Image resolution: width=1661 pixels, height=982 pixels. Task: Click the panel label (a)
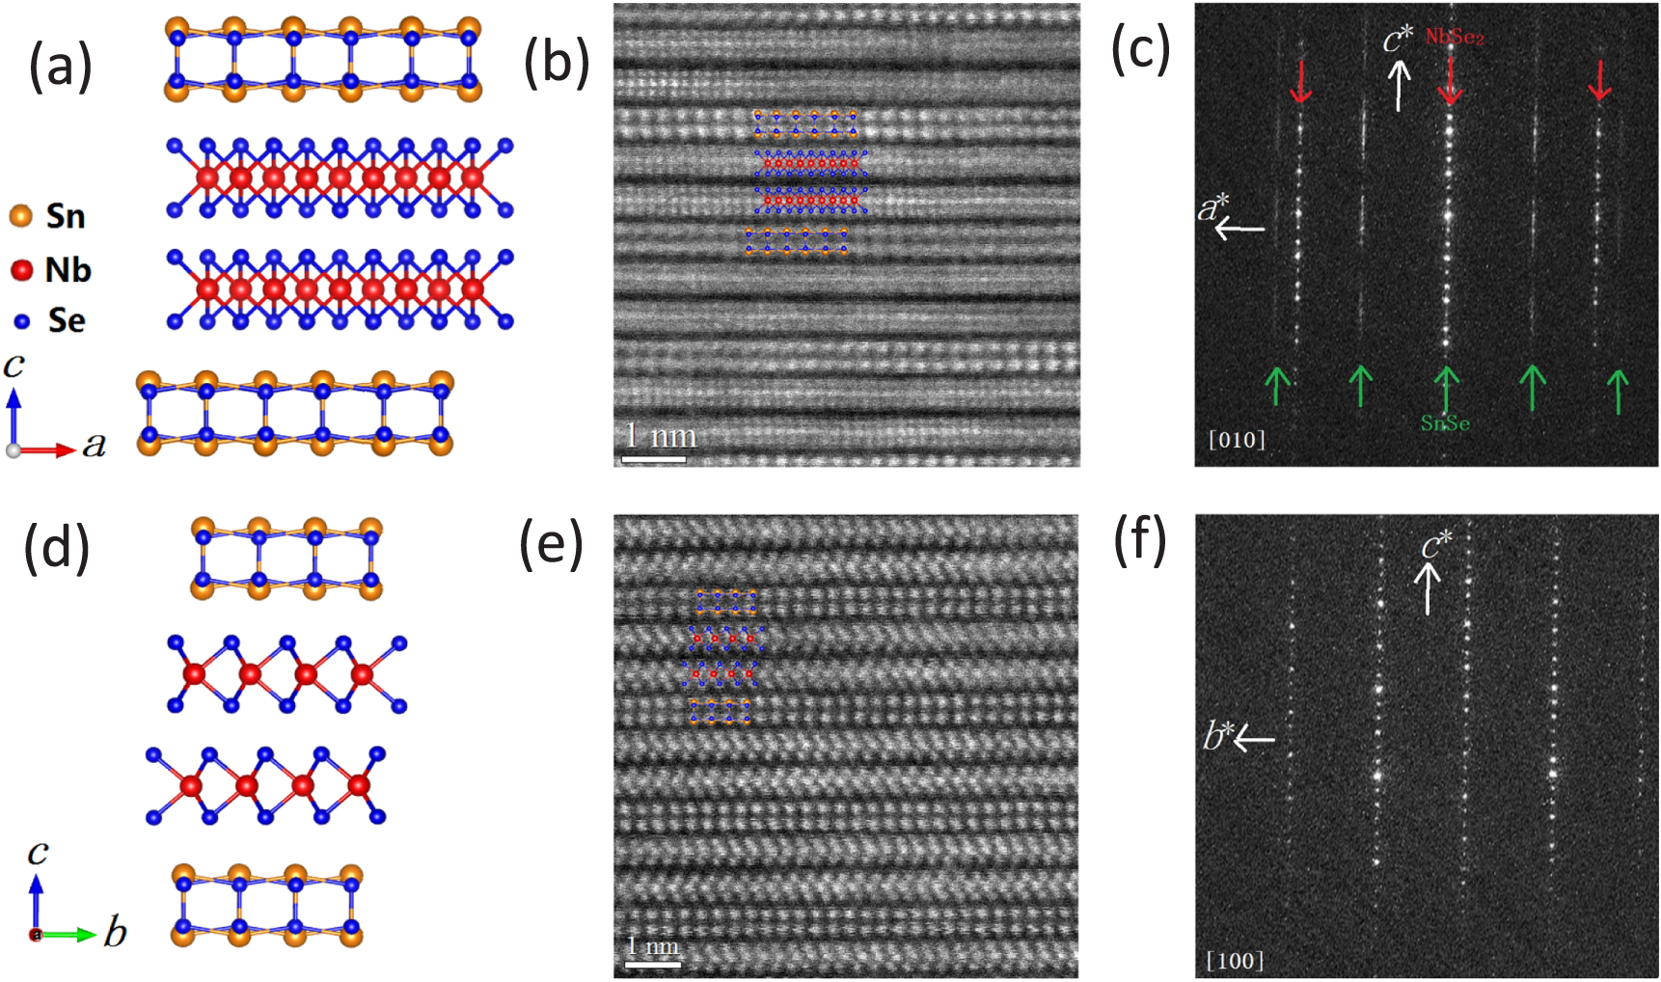(60, 67)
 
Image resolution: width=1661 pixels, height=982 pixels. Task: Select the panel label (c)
(1141, 48)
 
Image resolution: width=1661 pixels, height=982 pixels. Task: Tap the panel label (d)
(58, 547)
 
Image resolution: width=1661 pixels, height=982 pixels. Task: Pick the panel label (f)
(1140, 540)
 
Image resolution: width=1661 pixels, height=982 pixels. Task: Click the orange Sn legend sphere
(21, 216)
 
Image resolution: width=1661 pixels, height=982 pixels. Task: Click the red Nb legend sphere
(21, 270)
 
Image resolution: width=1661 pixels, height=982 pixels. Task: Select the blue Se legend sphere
(22, 321)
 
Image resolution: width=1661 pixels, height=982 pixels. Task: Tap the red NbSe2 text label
(1455, 38)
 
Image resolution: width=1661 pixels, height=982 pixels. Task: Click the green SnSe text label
(1444, 423)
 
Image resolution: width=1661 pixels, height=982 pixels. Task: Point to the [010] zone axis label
(1237, 440)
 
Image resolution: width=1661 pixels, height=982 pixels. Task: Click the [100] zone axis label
(1235, 961)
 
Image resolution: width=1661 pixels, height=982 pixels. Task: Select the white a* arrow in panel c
(1240, 229)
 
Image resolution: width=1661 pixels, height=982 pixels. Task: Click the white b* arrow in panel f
(1254, 740)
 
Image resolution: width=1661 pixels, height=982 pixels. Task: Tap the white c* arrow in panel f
(1428, 588)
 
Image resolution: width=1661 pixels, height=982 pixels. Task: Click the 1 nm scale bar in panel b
(653, 459)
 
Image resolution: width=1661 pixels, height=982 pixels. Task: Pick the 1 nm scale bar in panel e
(653, 963)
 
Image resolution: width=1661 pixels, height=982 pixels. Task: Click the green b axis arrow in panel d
(69, 934)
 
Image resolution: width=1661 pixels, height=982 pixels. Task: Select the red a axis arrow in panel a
(48, 450)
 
